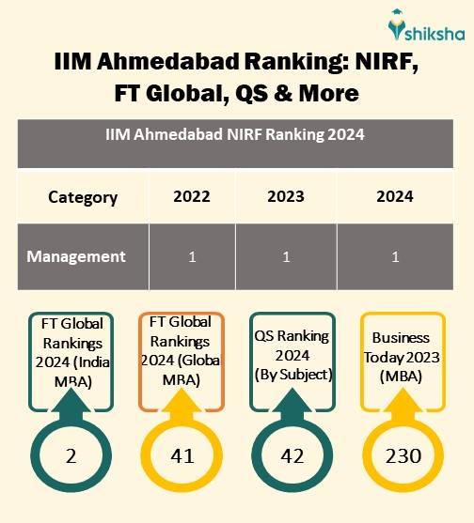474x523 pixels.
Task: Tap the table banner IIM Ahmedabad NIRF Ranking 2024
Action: [x=235, y=134]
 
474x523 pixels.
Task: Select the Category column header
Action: [x=83, y=197]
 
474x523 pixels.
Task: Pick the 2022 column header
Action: [x=192, y=197]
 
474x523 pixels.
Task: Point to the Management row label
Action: [x=76, y=256]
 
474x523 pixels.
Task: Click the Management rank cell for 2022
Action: [x=192, y=256]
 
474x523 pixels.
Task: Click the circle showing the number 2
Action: [x=71, y=456]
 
